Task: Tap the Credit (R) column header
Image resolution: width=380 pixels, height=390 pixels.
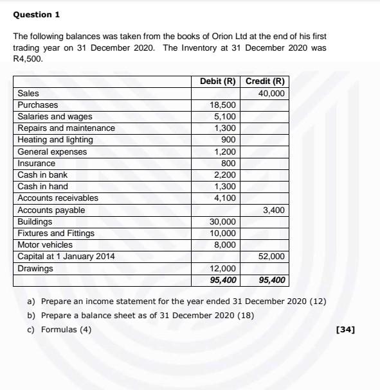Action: pyautogui.click(x=265, y=81)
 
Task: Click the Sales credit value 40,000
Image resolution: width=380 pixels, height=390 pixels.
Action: pyautogui.click(x=271, y=94)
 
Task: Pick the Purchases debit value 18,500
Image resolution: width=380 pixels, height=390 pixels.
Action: pyautogui.click(x=223, y=105)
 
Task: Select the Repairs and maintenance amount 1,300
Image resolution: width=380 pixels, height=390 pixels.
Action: pyautogui.click(x=225, y=128)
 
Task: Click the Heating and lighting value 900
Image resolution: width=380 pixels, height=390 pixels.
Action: pyautogui.click(x=228, y=140)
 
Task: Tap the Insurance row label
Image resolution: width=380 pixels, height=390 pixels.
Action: pyautogui.click(x=36, y=164)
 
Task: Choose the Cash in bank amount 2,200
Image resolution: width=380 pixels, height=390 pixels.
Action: pyautogui.click(x=225, y=175)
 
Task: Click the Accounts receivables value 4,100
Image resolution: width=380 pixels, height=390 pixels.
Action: pyautogui.click(x=225, y=198)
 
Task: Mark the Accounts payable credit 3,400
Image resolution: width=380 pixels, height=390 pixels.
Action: pyautogui.click(x=273, y=210)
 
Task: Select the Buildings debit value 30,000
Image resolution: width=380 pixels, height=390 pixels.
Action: pyautogui.click(x=223, y=222)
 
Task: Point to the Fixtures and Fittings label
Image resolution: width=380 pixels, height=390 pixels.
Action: pyautogui.click(x=56, y=233)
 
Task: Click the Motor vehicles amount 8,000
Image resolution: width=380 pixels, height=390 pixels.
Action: pyautogui.click(x=225, y=245)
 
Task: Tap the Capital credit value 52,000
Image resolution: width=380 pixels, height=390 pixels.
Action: pyautogui.click(x=271, y=257)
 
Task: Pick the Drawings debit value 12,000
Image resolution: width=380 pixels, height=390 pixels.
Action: pyautogui.click(x=223, y=269)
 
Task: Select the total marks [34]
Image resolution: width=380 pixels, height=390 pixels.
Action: pyautogui.click(x=345, y=330)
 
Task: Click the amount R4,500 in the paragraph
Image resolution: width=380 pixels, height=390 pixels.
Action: pyautogui.click(x=27, y=58)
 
